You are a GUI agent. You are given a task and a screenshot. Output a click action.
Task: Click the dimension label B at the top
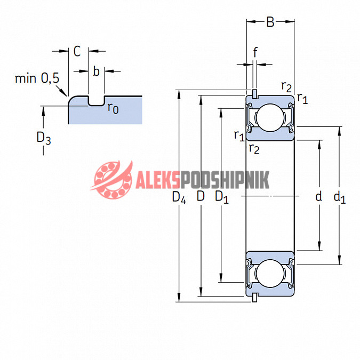click(270, 22)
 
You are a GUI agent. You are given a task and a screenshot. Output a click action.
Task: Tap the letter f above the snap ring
click(255, 52)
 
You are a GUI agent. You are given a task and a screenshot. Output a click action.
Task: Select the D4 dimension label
click(179, 197)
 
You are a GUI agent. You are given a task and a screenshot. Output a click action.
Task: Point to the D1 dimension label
click(222, 197)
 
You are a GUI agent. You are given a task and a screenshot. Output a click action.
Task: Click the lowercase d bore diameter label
click(319, 196)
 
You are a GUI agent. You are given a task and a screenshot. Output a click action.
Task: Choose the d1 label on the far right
click(340, 197)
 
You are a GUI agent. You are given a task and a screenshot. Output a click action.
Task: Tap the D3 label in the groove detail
click(44, 139)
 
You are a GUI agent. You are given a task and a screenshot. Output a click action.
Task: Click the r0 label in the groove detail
click(113, 108)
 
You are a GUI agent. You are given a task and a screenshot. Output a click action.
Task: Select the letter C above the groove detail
click(77, 51)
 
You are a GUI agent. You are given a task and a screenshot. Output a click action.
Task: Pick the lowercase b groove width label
click(96, 71)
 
